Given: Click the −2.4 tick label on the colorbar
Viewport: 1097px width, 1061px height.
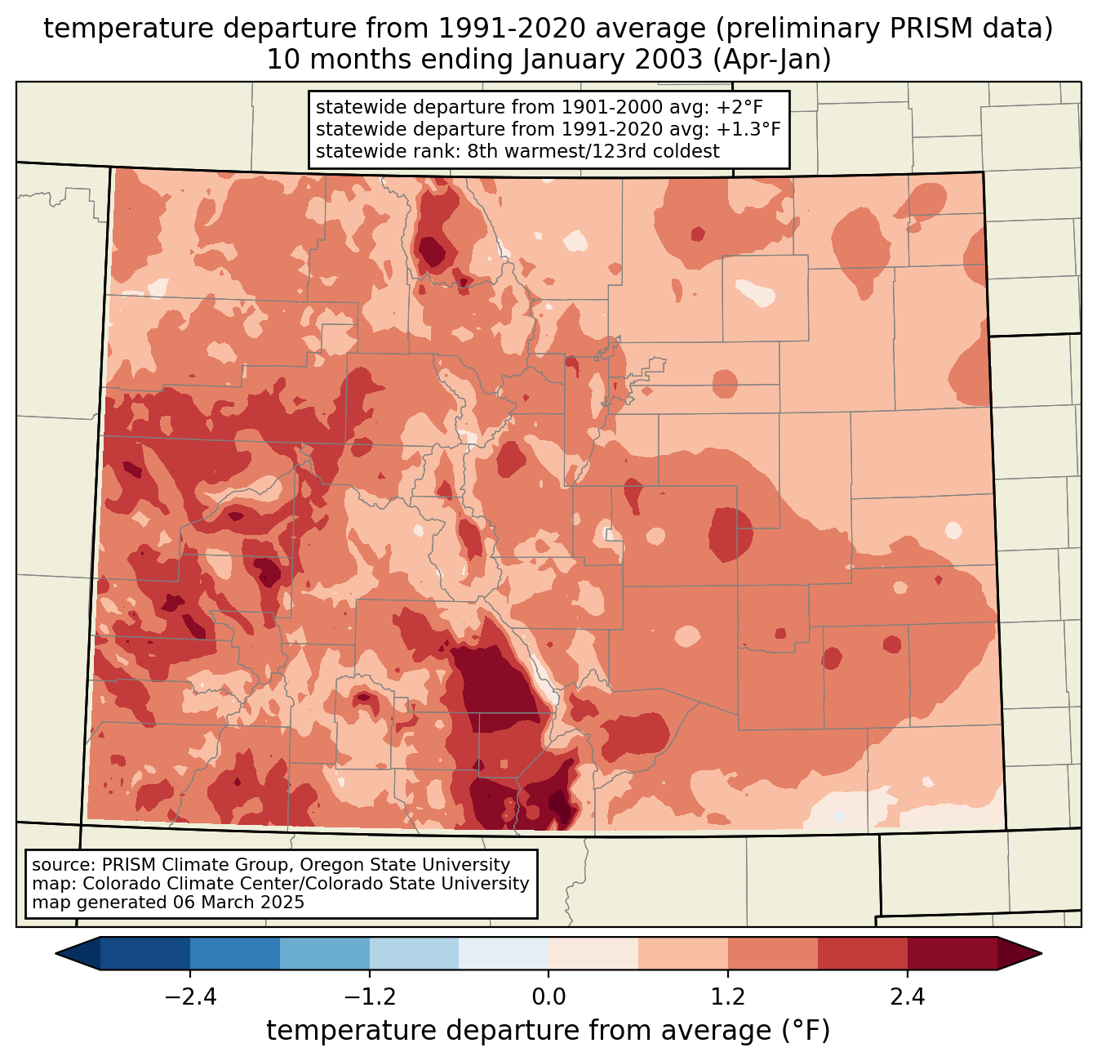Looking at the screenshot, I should pyautogui.click(x=190, y=997).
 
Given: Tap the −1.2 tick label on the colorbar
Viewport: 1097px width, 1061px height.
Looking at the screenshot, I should pyautogui.click(x=369, y=997).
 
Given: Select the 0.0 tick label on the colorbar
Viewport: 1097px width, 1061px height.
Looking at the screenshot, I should pyautogui.click(x=548, y=997).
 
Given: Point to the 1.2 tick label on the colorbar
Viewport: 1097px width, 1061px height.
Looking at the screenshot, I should pyautogui.click(x=728, y=997).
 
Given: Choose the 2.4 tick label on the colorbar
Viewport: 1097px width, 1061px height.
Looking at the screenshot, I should pyautogui.click(x=908, y=997).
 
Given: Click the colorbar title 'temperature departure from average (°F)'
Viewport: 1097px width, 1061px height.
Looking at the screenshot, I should pyautogui.click(x=548, y=1031).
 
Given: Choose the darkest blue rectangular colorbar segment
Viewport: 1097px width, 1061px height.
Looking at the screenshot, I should pyautogui.click(x=145, y=953).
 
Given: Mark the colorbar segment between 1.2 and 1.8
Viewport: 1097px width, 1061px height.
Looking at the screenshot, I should pyautogui.click(x=773, y=953).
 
